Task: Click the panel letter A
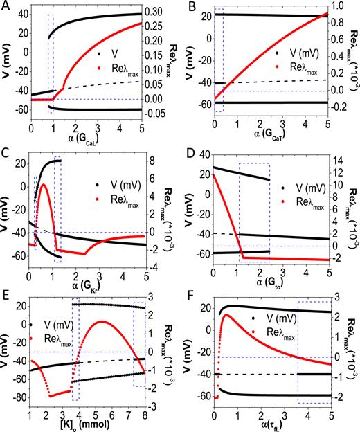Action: click(x=6, y=7)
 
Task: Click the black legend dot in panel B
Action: click(x=277, y=52)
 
